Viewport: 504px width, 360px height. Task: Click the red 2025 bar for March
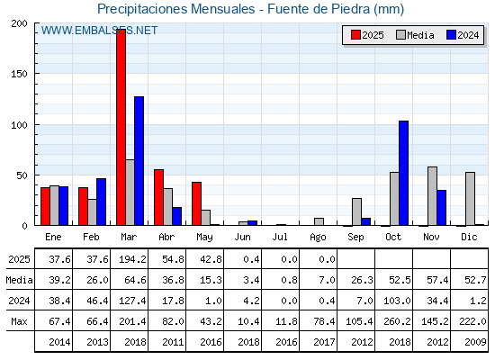121,127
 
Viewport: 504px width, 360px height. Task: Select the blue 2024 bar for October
404,173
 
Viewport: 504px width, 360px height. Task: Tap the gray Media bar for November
432,196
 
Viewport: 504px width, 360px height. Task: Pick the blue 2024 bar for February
101,202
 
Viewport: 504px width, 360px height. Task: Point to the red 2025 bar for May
196,203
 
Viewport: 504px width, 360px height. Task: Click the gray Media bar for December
470,199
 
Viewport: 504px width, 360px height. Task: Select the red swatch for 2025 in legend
355,35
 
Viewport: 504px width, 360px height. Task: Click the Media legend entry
415,35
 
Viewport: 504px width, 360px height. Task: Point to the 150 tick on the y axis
19,74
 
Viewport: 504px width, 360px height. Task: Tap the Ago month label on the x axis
318,238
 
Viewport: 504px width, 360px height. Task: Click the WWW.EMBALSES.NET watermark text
99,31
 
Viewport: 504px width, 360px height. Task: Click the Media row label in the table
19,280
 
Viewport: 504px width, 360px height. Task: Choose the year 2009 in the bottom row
475,342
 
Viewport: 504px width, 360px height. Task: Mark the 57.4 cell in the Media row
437,280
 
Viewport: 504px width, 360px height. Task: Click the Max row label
19,321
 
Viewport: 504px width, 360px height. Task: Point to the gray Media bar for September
356,211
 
